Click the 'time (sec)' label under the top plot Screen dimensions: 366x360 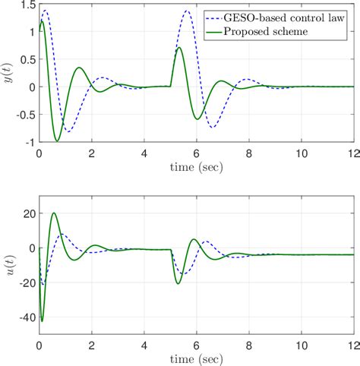196,166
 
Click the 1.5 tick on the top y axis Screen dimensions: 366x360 27,5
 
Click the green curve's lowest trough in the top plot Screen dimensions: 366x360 57,140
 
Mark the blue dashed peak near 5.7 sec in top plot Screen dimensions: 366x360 188,11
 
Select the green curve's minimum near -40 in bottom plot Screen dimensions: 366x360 42,321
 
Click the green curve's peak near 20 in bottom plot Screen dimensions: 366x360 54,213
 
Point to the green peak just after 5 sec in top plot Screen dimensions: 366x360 179,48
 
